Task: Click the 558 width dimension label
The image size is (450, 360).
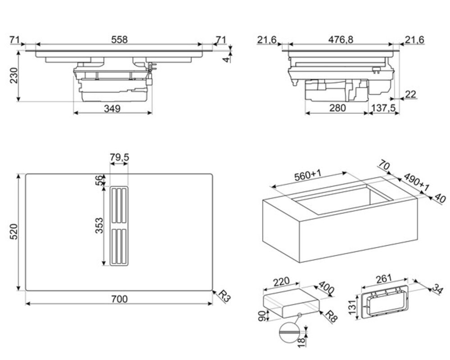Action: [x=119, y=40]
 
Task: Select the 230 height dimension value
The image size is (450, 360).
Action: [x=14, y=76]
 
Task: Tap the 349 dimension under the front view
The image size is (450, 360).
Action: [x=112, y=108]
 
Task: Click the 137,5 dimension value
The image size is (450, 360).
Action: [x=383, y=108]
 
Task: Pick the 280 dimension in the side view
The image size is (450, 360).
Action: [x=337, y=108]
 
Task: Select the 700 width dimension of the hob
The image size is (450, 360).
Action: [x=119, y=299]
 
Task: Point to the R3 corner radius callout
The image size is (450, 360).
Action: [x=224, y=296]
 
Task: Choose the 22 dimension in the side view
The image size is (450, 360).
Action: [x=410, y=94]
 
